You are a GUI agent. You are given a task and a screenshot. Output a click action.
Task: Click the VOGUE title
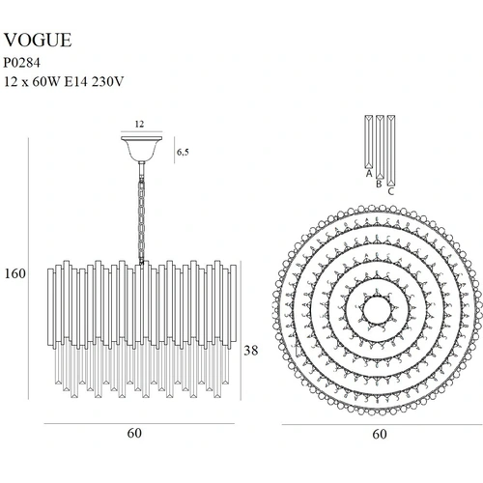tap(38, 41)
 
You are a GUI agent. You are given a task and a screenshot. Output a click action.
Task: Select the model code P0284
tap(22, 63)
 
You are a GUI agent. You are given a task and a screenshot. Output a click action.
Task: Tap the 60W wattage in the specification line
tap(46, 82)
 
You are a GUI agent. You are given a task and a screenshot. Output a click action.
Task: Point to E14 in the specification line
tap(76, 82)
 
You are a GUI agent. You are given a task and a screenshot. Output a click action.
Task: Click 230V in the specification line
tap(107, 82)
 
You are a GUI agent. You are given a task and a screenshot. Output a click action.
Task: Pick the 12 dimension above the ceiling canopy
tap(139, 124)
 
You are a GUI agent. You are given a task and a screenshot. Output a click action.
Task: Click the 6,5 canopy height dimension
tap(183, 152)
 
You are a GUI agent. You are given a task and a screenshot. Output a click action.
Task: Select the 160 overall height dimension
tap(14, 273)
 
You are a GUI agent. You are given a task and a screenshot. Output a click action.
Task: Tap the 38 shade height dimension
tap(250, 350)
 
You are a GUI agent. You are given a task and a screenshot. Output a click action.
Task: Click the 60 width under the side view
tap(134, 433)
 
